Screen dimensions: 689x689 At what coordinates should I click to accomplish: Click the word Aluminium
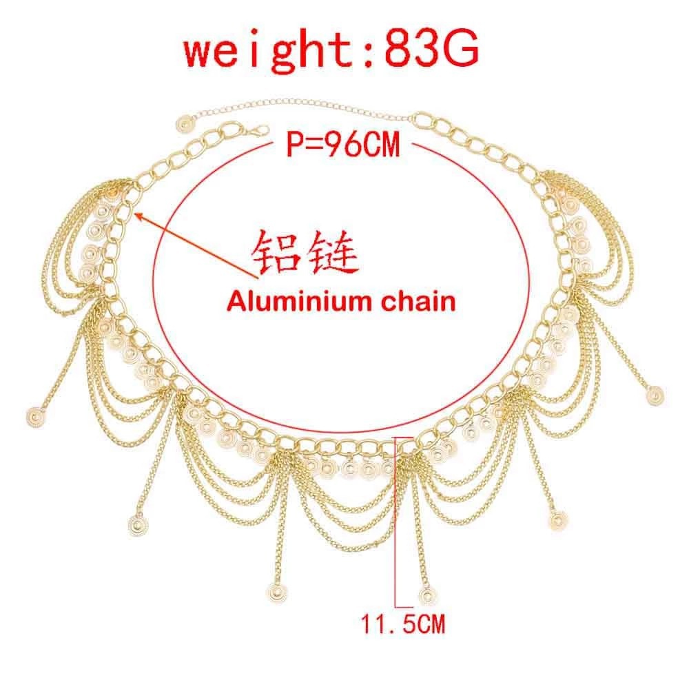279,301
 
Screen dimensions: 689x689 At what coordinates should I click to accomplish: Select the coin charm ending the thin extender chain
185,125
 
